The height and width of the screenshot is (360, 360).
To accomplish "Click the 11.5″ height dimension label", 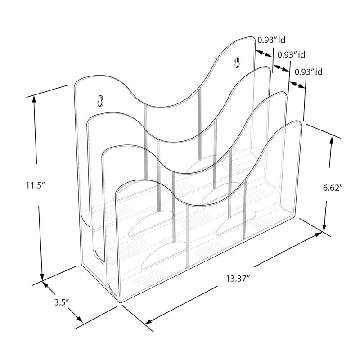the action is tap(35, 185).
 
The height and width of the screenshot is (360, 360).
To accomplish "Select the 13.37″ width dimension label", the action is tap(238, 279).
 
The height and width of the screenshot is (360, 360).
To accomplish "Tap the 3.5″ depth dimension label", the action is tap(62, 302).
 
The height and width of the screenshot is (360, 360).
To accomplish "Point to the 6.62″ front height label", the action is tap(333, 188).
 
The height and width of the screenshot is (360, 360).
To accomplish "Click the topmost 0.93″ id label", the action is tap(271, 40).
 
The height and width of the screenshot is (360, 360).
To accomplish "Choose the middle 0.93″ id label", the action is tap(291, 55).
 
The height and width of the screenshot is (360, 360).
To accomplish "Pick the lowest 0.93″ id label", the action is tap(309, 72).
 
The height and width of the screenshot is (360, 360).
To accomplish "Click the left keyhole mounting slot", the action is tap(100, 101).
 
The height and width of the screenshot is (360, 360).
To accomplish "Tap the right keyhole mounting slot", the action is tap(237, 62).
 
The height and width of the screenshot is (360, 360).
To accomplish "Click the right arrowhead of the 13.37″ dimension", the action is tap(318, 234).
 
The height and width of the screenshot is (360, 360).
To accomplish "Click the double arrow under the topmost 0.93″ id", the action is tap(264, 54).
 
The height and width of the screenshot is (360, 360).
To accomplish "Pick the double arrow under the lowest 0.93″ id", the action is tap(297, 85).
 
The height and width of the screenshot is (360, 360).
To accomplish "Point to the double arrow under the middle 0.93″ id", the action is tap(281, 68).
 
